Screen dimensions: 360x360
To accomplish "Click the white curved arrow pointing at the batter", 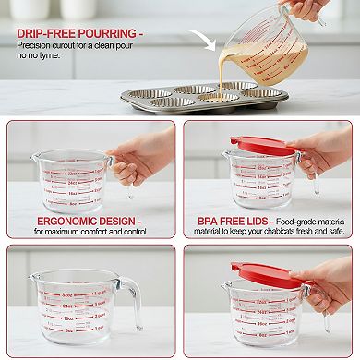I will click(200, 42).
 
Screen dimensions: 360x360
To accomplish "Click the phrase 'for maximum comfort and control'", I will click(90, 232).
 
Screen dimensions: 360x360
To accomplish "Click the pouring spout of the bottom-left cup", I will click(36, 277).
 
